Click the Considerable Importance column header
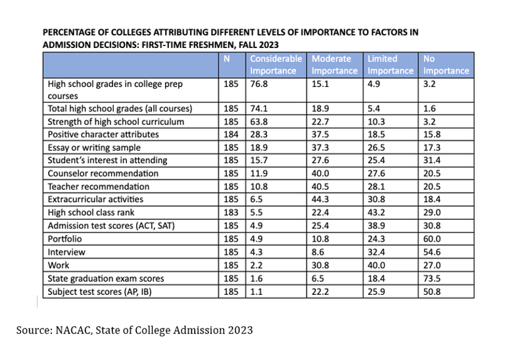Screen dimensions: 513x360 (276, 64)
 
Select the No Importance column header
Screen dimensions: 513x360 (446, 64)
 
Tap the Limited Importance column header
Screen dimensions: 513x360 (390, 64)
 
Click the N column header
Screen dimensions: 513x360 (226, 59)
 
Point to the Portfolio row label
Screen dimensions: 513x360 (64, 239)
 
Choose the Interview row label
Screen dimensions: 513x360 (66, 252)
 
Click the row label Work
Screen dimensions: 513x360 (59, 265)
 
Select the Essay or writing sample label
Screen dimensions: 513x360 (94, 147)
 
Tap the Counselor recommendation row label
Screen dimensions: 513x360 (103, 174)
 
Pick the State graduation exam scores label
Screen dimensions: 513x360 (106, 278)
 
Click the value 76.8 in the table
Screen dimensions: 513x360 (258, 84)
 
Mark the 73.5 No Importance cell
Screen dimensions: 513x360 (432, 278)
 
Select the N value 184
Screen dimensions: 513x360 (231, 134)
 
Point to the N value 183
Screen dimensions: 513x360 (231, 213)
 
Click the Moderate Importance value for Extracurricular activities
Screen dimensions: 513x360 (320, 199)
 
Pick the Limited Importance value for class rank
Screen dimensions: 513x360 (376, 213)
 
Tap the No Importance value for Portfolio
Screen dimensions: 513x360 (432, 239)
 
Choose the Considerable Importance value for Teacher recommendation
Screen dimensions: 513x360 (258, 186)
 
